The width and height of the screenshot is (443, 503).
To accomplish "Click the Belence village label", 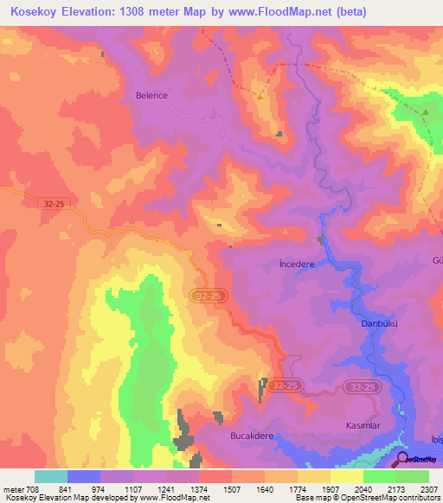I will coord(151,96).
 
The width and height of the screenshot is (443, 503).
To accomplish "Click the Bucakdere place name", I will coord(252,436).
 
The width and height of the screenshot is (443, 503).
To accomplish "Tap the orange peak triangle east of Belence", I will coord(260,96).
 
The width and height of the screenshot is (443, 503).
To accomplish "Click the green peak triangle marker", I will coord(426,111).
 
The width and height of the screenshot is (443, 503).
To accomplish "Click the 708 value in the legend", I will coord(31,488).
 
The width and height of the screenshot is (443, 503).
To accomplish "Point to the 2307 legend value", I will coord(429,488).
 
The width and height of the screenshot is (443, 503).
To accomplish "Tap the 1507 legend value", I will coord(232,488).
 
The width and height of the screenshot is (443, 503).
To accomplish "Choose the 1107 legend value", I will coord(133,488).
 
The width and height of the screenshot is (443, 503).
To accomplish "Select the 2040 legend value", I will coord(363,488).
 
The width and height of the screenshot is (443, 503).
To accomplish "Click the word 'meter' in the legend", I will coord(12,488).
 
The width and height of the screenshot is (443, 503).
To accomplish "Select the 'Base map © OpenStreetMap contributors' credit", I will coord(365,499).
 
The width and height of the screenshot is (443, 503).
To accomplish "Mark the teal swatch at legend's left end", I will coord(50,476).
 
